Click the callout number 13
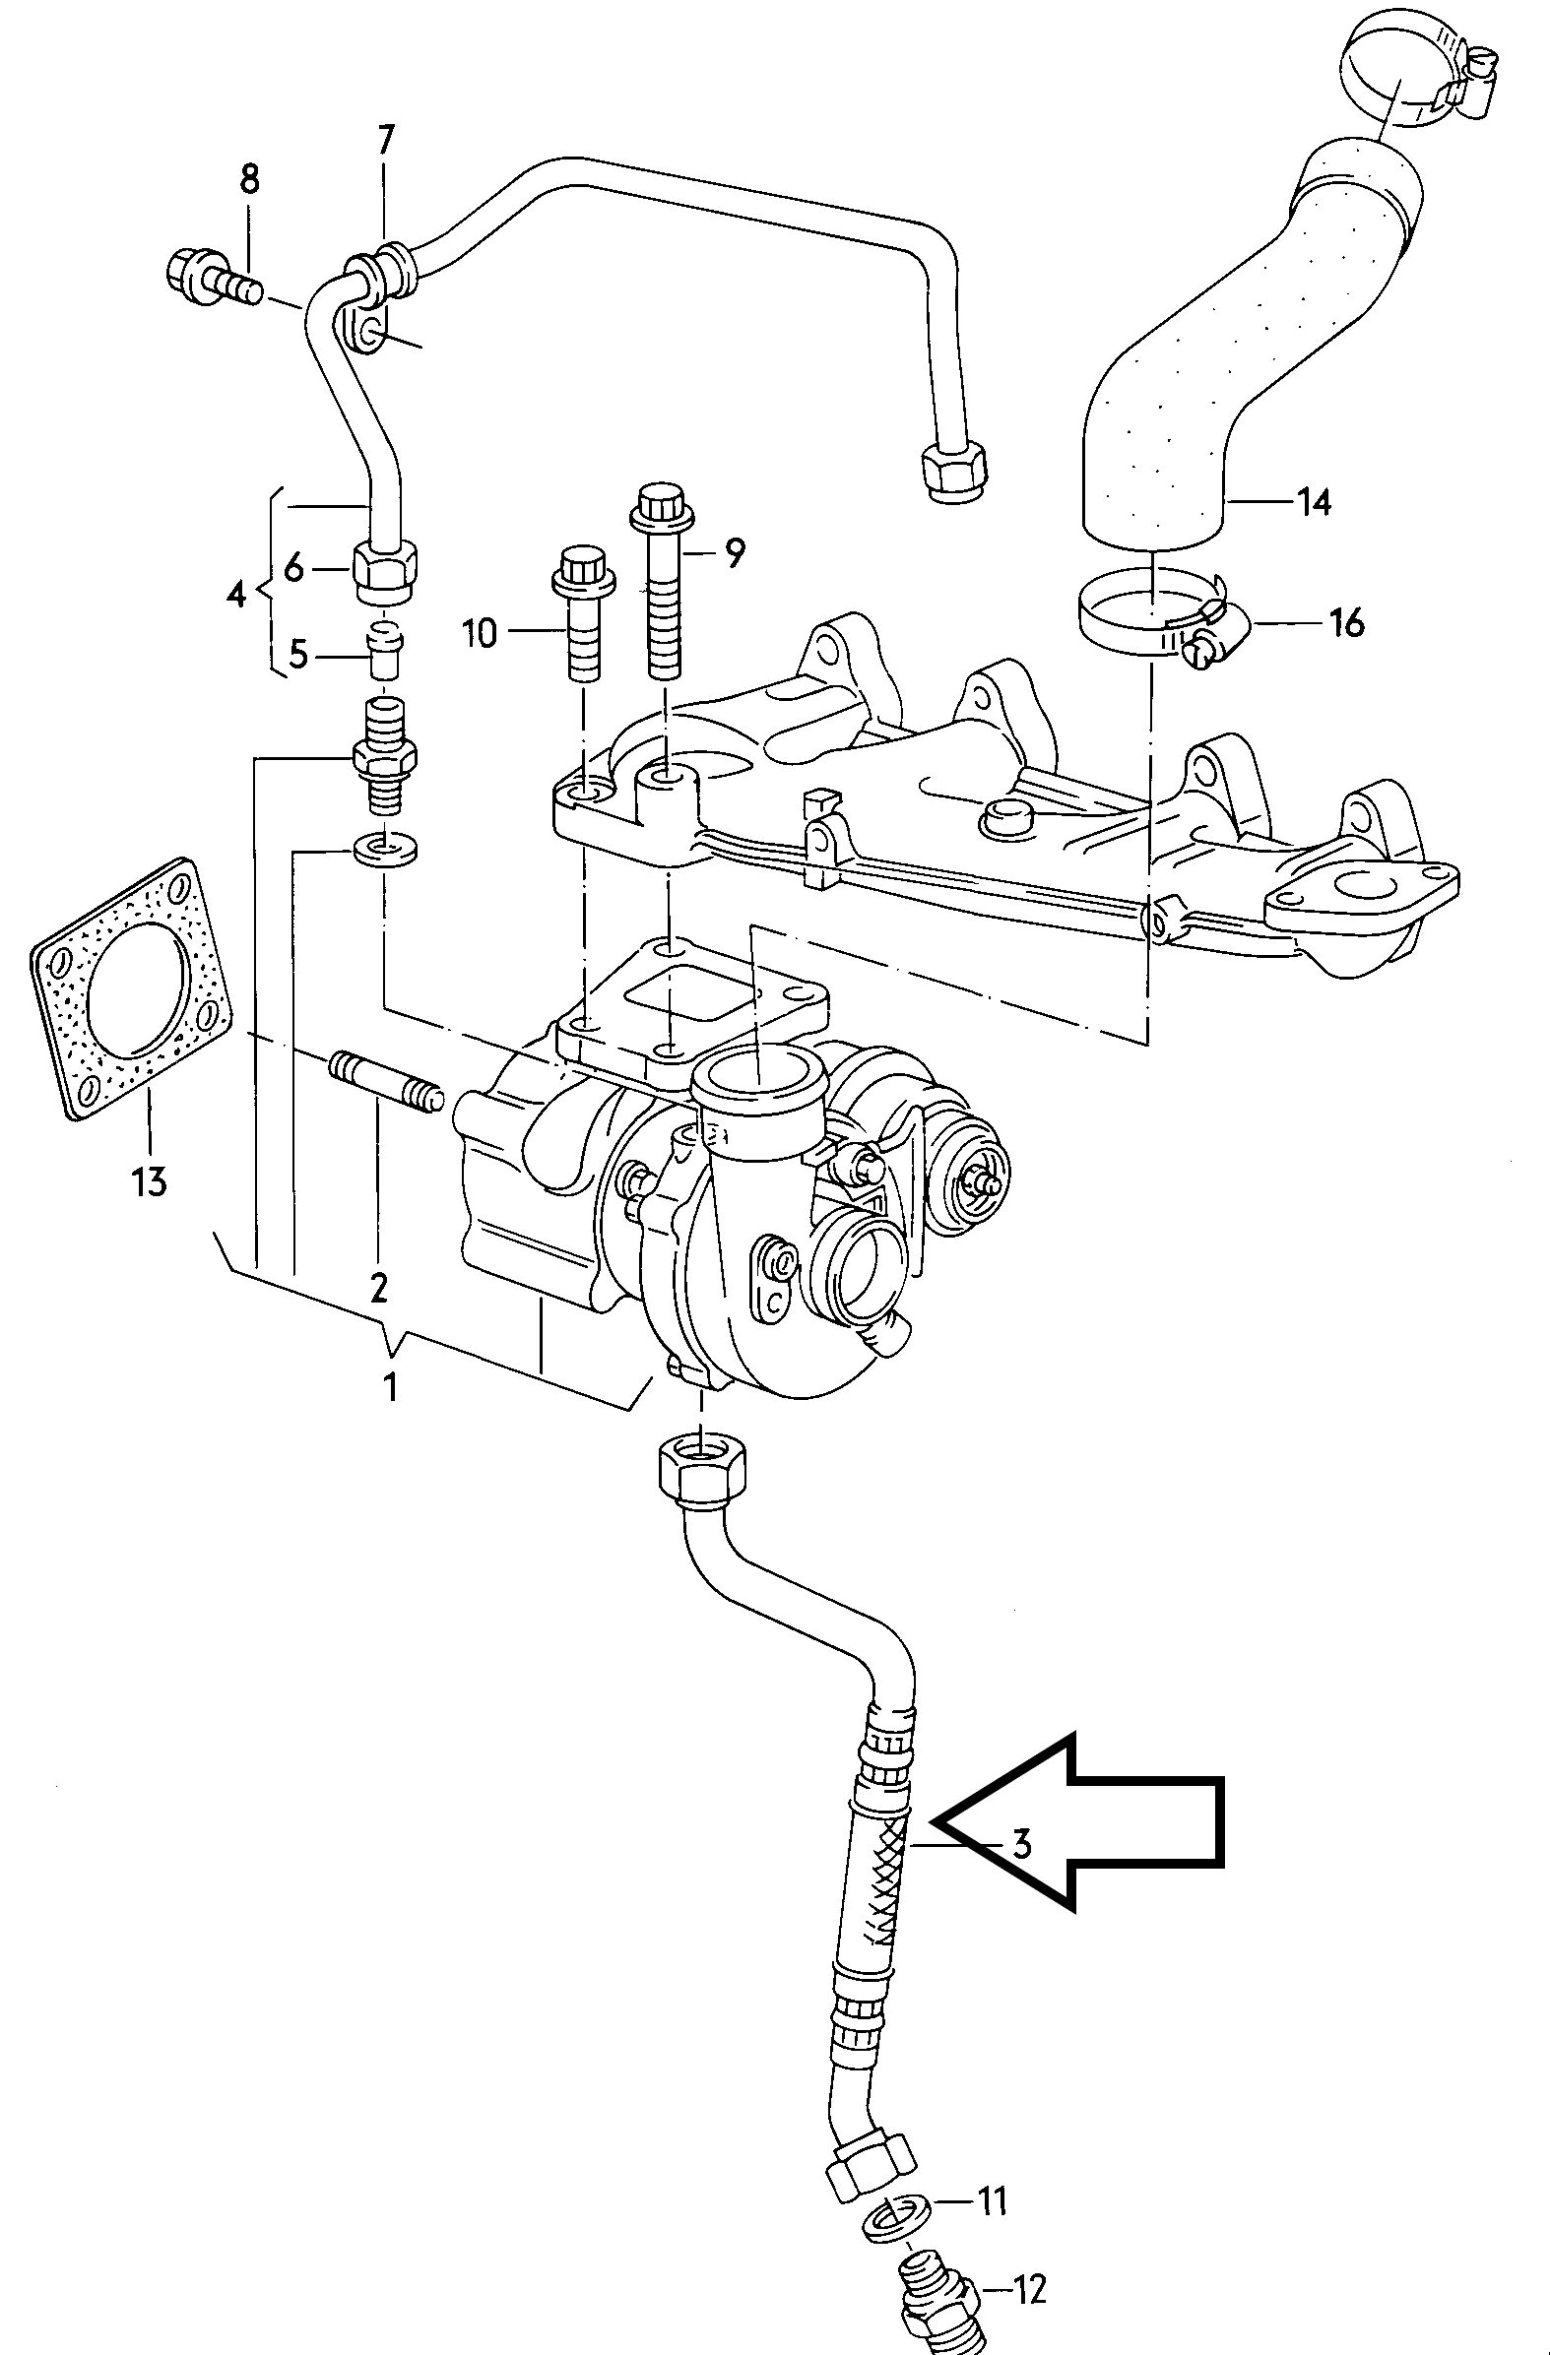(150, 1181)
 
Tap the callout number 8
(249, 180)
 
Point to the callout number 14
(1315, 503)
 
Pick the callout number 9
(733, 554)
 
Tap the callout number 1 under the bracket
(391, 1388)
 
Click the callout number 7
(386, 142)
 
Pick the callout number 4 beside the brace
(235, 597)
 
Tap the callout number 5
(298, 655)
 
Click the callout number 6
(294, 569)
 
